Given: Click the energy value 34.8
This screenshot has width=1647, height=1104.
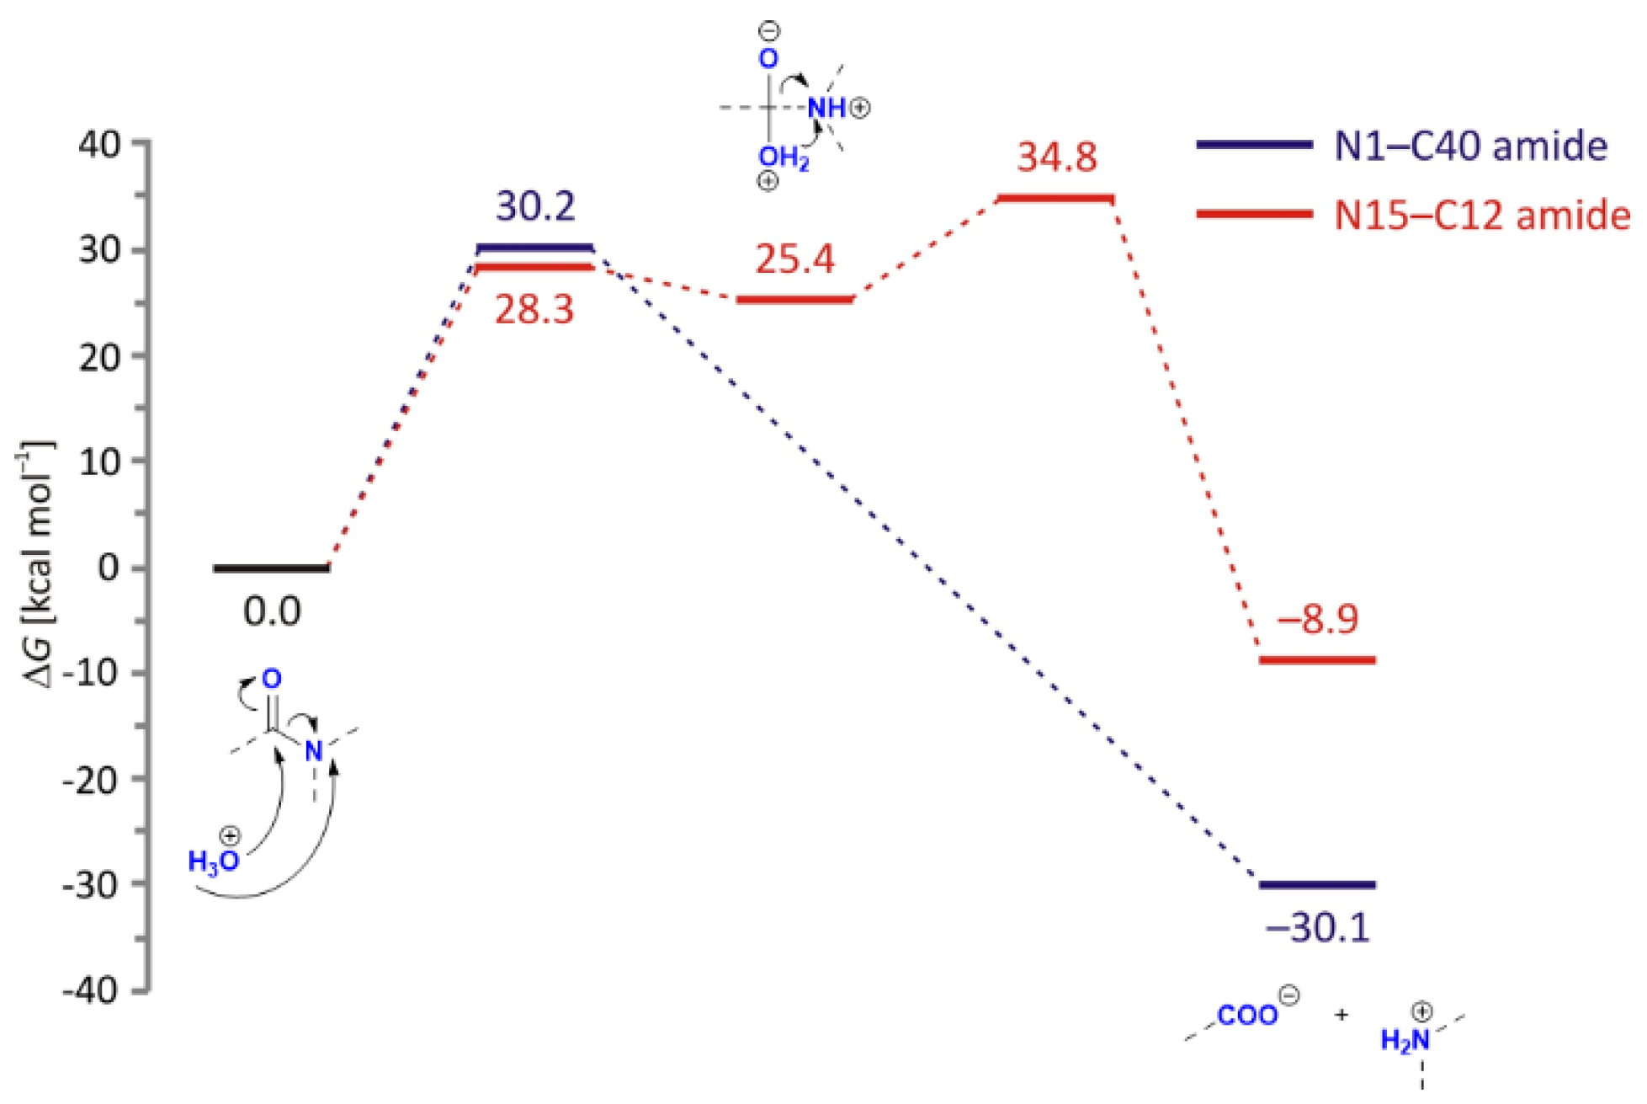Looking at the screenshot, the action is click(1056, 157).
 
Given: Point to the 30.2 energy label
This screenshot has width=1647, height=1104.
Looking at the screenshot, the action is click(535, 206).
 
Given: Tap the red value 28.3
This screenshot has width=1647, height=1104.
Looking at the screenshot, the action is click(534, 310).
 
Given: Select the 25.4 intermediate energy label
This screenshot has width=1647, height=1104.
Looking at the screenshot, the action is click(794, 259).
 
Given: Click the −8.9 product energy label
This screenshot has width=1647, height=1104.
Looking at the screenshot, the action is click(1317, 619).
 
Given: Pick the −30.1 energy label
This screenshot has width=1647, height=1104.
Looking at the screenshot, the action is click(1317, 927).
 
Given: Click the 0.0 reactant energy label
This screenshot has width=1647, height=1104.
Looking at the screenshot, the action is click(272, 611).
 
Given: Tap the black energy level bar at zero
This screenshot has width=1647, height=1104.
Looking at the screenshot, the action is click(272, 568).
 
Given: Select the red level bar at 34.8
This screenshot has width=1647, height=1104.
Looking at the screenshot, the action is click(1055, 199).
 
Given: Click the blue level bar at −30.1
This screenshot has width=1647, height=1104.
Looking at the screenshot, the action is click(1317, 885).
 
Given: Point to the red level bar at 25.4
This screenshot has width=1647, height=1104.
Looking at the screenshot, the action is click(794, 300).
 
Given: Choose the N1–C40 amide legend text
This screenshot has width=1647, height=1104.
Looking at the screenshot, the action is click(1470, 147).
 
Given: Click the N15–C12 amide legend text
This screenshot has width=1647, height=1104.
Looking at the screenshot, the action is click(1481, 216).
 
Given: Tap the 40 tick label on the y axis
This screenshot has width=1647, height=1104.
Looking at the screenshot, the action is click(99, 144).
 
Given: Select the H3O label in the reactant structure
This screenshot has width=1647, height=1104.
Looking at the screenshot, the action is click(213, 861).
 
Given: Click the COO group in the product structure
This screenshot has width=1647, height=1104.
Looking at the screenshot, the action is click(1247, 1016).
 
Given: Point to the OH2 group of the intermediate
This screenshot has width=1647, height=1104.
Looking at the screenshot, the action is click(783, 157).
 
